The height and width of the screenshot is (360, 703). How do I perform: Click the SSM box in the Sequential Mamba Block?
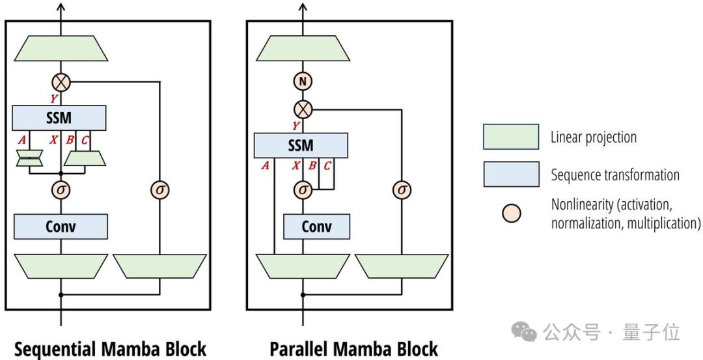pos(60,118)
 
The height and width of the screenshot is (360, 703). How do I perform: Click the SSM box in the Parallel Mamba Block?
pos(301,145)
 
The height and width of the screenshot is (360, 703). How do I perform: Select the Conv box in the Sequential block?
pos(61,226)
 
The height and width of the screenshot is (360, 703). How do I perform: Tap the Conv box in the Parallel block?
pos(316,226)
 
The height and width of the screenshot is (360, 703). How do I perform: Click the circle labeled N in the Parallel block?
pos(303,81)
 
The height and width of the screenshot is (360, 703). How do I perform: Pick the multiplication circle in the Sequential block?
pos(61,82)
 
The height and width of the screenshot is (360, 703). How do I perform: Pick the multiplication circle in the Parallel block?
pos(303,108)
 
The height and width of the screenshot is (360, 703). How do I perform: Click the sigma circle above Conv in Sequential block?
pos(61,189)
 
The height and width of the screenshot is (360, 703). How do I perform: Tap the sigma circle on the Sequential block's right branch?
pos(159,189)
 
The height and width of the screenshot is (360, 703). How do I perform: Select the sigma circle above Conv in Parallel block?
pos(303,189)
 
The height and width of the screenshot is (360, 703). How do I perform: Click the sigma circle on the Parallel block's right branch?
pos(402,189)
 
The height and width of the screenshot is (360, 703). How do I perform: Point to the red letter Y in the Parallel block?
pos(296,125)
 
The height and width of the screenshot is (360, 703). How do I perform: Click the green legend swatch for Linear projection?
pos(511,137)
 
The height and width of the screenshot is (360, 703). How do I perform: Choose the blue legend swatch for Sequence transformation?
pos(511,174)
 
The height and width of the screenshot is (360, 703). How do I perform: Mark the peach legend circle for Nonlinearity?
pos(512,213)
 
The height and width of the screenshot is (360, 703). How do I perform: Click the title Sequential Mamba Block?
pos(110,348)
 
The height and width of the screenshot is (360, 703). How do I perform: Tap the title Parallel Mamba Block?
pos(353,348)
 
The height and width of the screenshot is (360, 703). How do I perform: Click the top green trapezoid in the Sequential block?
pos(61,48)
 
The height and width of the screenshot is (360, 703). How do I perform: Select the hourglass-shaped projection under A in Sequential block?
pos(29,158)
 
